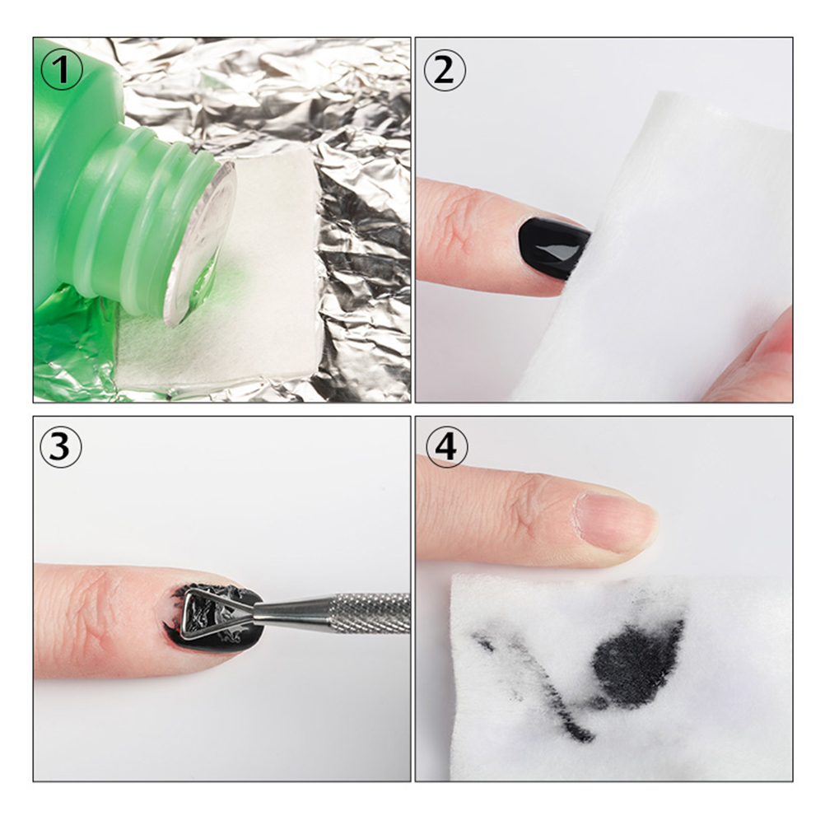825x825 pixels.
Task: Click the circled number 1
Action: [62, 69]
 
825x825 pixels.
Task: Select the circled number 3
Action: [62, 447]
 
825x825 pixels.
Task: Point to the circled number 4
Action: [446, 447]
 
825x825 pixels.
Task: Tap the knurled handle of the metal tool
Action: [368, 613]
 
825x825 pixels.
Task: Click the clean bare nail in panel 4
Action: [613, 521]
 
